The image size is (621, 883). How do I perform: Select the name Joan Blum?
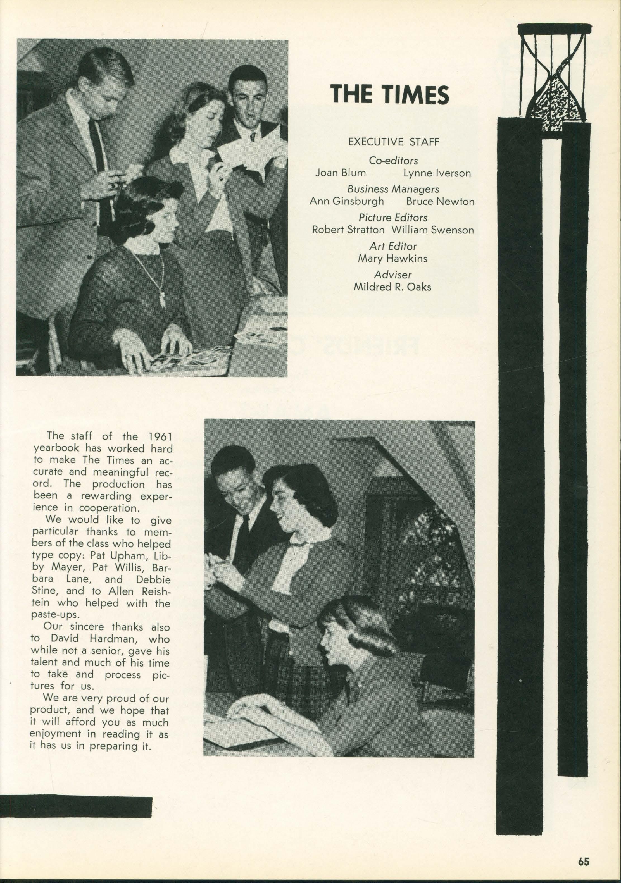pyautogui.click(x=341, y=173)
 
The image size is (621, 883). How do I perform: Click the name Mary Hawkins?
pyautogui.click(x=392, y=258)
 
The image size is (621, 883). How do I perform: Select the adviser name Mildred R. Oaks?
pyautogui.click(x=392, y=287)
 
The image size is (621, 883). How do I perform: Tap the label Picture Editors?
pyautogui.click(x=393, y=217)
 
